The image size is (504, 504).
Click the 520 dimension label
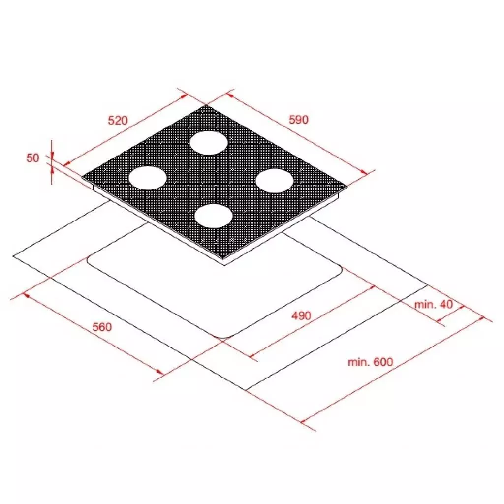click(118, 120)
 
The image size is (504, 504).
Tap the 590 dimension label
click(299, 119)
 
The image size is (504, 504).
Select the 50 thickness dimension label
click(33, 158)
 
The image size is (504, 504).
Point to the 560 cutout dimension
click(102, 327)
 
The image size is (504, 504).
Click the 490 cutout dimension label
click(301, 315)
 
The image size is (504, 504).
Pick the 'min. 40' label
click(434, 304)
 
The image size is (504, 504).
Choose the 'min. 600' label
click(370, 362)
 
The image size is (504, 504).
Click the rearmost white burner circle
click(209, 142)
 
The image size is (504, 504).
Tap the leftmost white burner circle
click(148, 178)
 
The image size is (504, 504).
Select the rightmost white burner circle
click(275, 181)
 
